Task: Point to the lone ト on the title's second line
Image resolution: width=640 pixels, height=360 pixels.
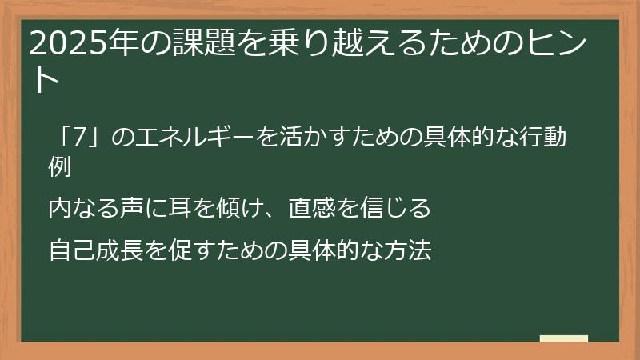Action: pyautogui.click(x=46, y=80)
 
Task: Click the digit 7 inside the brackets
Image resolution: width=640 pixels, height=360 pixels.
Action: pyautogui.click(x=78, y=138)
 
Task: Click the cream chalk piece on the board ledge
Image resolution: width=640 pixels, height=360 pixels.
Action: pyautogui.click(x=563, y=338)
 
